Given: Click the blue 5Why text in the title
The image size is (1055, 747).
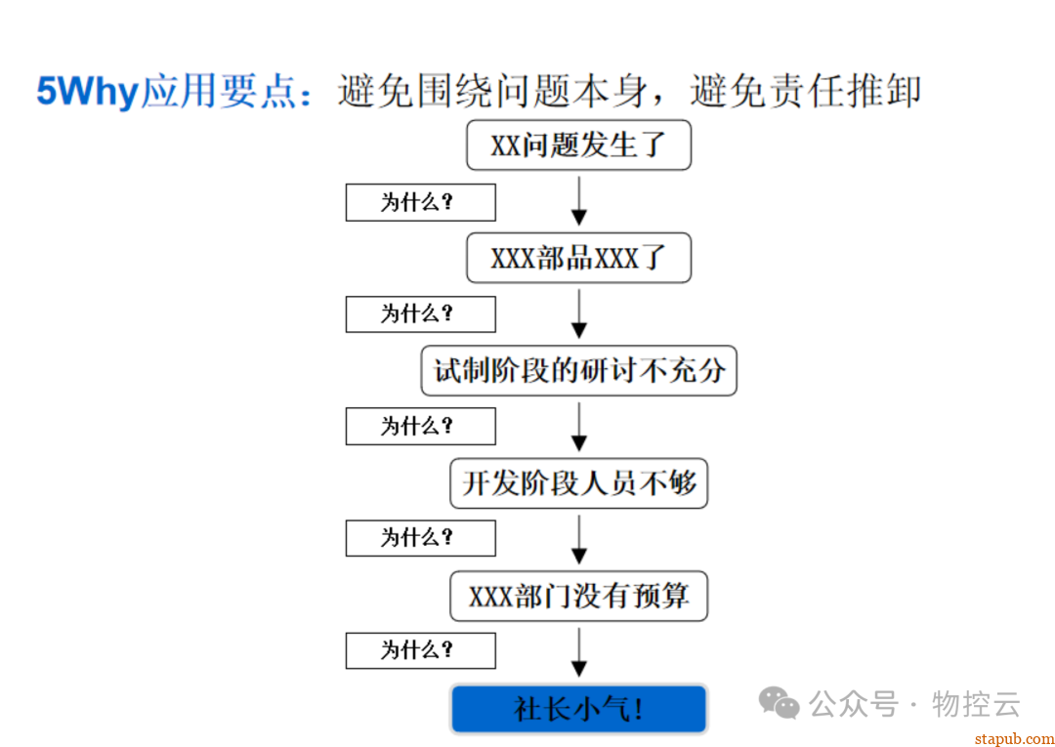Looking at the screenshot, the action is pos(88,93).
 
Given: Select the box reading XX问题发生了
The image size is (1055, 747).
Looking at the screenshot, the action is pos(578,145).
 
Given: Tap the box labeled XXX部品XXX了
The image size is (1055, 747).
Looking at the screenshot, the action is pos(578,258).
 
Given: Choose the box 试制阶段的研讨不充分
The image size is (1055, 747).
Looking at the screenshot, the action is pos(578,371).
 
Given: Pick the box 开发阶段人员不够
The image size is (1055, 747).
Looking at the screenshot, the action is pos(578,483).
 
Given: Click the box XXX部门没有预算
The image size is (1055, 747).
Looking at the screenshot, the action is pos(578,597).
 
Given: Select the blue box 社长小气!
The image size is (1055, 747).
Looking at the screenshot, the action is pos(578,709).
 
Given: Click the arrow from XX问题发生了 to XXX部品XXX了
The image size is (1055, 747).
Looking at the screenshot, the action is pos(578,201).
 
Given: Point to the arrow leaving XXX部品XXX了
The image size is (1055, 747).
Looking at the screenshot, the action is pos(578,314).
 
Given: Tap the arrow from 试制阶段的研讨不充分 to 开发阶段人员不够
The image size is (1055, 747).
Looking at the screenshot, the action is pos(578,427).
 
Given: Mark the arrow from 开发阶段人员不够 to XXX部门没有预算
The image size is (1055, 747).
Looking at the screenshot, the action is pos(578,539).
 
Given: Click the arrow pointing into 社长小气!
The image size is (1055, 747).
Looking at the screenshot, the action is pos(578,652).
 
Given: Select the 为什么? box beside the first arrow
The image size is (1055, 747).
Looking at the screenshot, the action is pos(420,202).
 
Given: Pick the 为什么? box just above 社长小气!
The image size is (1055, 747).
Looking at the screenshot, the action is pos(420,651).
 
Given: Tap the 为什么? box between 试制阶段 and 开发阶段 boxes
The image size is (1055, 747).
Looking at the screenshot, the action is pos(420,427).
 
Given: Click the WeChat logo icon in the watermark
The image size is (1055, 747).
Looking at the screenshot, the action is pos(780,703).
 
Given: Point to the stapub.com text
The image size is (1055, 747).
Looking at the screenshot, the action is pos(1014,738).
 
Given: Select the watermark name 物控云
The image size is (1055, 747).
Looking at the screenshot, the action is pos(976,704).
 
